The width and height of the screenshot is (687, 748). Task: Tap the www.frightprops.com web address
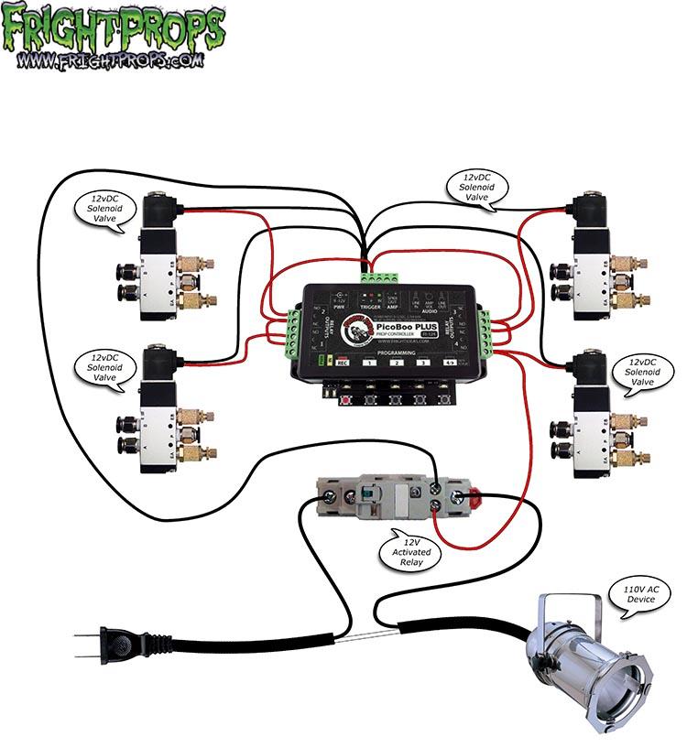[x=111, y=62]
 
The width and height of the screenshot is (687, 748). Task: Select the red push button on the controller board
[x=346, y=400]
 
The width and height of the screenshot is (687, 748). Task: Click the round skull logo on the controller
[x=354, y=333]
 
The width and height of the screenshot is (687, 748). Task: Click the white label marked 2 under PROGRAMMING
[x=395, y=363]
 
